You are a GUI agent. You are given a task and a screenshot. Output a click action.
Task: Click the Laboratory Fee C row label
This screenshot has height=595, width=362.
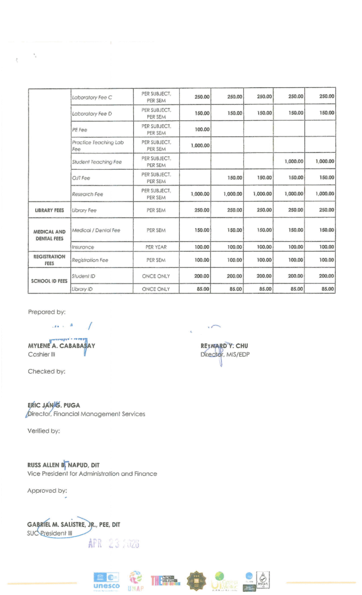click(92, 97)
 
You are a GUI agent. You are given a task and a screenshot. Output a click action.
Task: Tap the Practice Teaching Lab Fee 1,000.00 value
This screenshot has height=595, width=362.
click(200, 145)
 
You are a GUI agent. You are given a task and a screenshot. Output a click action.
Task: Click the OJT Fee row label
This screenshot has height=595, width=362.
click(80, 178)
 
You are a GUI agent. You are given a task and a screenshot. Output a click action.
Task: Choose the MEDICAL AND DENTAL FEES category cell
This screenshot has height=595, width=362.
click(49, 235)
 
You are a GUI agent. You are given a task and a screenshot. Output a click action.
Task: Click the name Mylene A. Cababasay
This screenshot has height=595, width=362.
click(61, 346)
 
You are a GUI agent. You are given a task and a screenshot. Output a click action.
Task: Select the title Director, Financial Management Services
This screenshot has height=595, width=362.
click(87, 414)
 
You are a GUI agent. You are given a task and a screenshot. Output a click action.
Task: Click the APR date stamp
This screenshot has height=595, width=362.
click(113, 544)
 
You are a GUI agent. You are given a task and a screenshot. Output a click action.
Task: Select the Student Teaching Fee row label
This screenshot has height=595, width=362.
click(97, 162)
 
